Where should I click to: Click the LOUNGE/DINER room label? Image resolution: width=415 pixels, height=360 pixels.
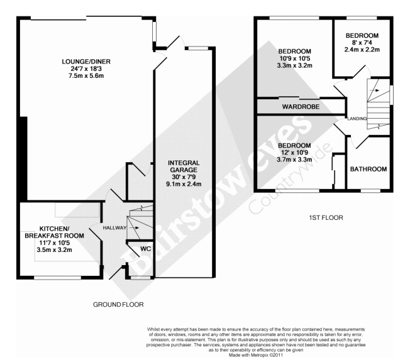[86, 62]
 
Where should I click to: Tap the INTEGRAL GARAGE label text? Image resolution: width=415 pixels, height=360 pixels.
[184, 166]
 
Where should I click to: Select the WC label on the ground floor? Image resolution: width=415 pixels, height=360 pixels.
[146, 249]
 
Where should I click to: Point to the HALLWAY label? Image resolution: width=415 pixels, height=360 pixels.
[114, 227]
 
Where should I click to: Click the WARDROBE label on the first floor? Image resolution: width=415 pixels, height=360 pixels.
[301, 107]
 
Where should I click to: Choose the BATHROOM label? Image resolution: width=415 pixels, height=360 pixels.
[368, 169]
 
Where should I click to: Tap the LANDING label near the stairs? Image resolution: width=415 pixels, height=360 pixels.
[357, 119]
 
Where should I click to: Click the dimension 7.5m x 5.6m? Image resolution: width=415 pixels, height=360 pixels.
[86, 76]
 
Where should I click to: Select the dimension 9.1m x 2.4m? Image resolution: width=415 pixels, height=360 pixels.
[184, 184]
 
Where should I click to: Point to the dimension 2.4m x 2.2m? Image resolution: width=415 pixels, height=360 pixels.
[362, 50]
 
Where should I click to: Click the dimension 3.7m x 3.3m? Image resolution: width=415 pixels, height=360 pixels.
[294, 160]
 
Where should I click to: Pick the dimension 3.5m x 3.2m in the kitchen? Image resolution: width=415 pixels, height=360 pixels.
[54, 249]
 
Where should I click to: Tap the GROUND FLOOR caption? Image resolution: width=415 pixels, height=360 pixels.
[118, 305]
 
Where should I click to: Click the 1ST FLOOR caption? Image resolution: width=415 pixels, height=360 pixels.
[326, 217]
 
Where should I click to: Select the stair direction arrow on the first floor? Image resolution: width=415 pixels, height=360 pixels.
[374, 90]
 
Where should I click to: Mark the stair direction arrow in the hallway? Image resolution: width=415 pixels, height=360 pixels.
[134, 227]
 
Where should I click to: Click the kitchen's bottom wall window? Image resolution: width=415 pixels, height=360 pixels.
[57, 278]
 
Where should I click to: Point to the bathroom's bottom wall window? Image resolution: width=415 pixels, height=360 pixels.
[371, 190]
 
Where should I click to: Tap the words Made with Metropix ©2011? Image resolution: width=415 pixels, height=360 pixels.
[256, 355]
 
